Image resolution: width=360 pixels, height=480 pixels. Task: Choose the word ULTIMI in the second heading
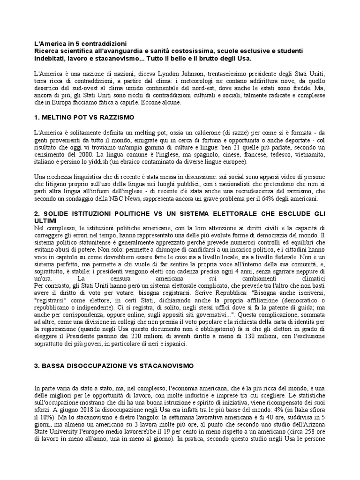(x=46, y=220)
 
